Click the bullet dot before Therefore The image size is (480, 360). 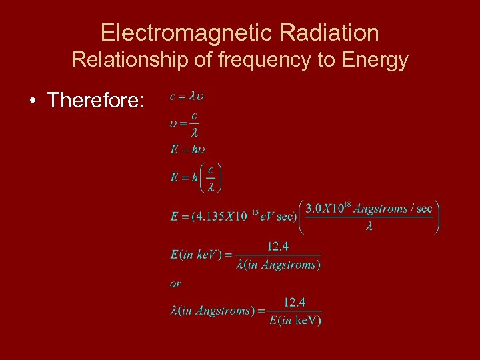click(32, 101)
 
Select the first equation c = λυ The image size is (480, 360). click(187, 96)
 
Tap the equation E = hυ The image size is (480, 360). click(187, 149)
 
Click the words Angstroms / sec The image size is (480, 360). click(393, 209)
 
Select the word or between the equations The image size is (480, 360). click(175, 283)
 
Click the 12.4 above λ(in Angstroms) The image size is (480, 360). click(278, 247)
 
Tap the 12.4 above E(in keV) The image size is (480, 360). click(295, 303)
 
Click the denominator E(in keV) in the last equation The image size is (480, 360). click(295, 320)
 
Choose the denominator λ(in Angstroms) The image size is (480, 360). click(278, 264)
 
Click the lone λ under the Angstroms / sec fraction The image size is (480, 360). click(369, 226)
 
